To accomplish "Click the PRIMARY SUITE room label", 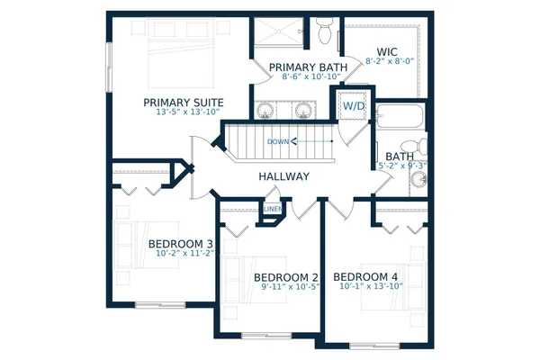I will click(x=184, y=103).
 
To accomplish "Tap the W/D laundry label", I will click(x=353, y=106).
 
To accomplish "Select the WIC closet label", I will click(x=388, y=52).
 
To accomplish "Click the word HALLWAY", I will click(x=284, y=176).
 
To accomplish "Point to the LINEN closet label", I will click(x=273, y=210).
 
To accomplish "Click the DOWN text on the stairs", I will click(x=278, y=141).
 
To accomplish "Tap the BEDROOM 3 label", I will click(x=180, y=244).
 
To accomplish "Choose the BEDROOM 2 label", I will click(x=286, y=276).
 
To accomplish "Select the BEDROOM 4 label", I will click(x=366, y=275).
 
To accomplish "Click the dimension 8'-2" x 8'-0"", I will click(x=390, y=62).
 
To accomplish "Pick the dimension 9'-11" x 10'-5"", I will click(x=286, y=286).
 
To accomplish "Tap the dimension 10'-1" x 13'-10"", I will click(x=369, y=286).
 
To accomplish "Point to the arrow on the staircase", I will click(x=310, y=141).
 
